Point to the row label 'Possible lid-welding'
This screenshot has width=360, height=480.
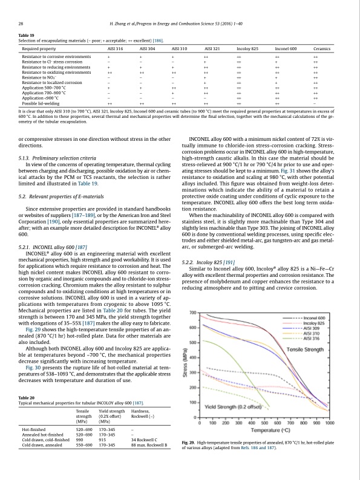[42, 104]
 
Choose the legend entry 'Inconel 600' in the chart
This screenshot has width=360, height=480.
[313, 317]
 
